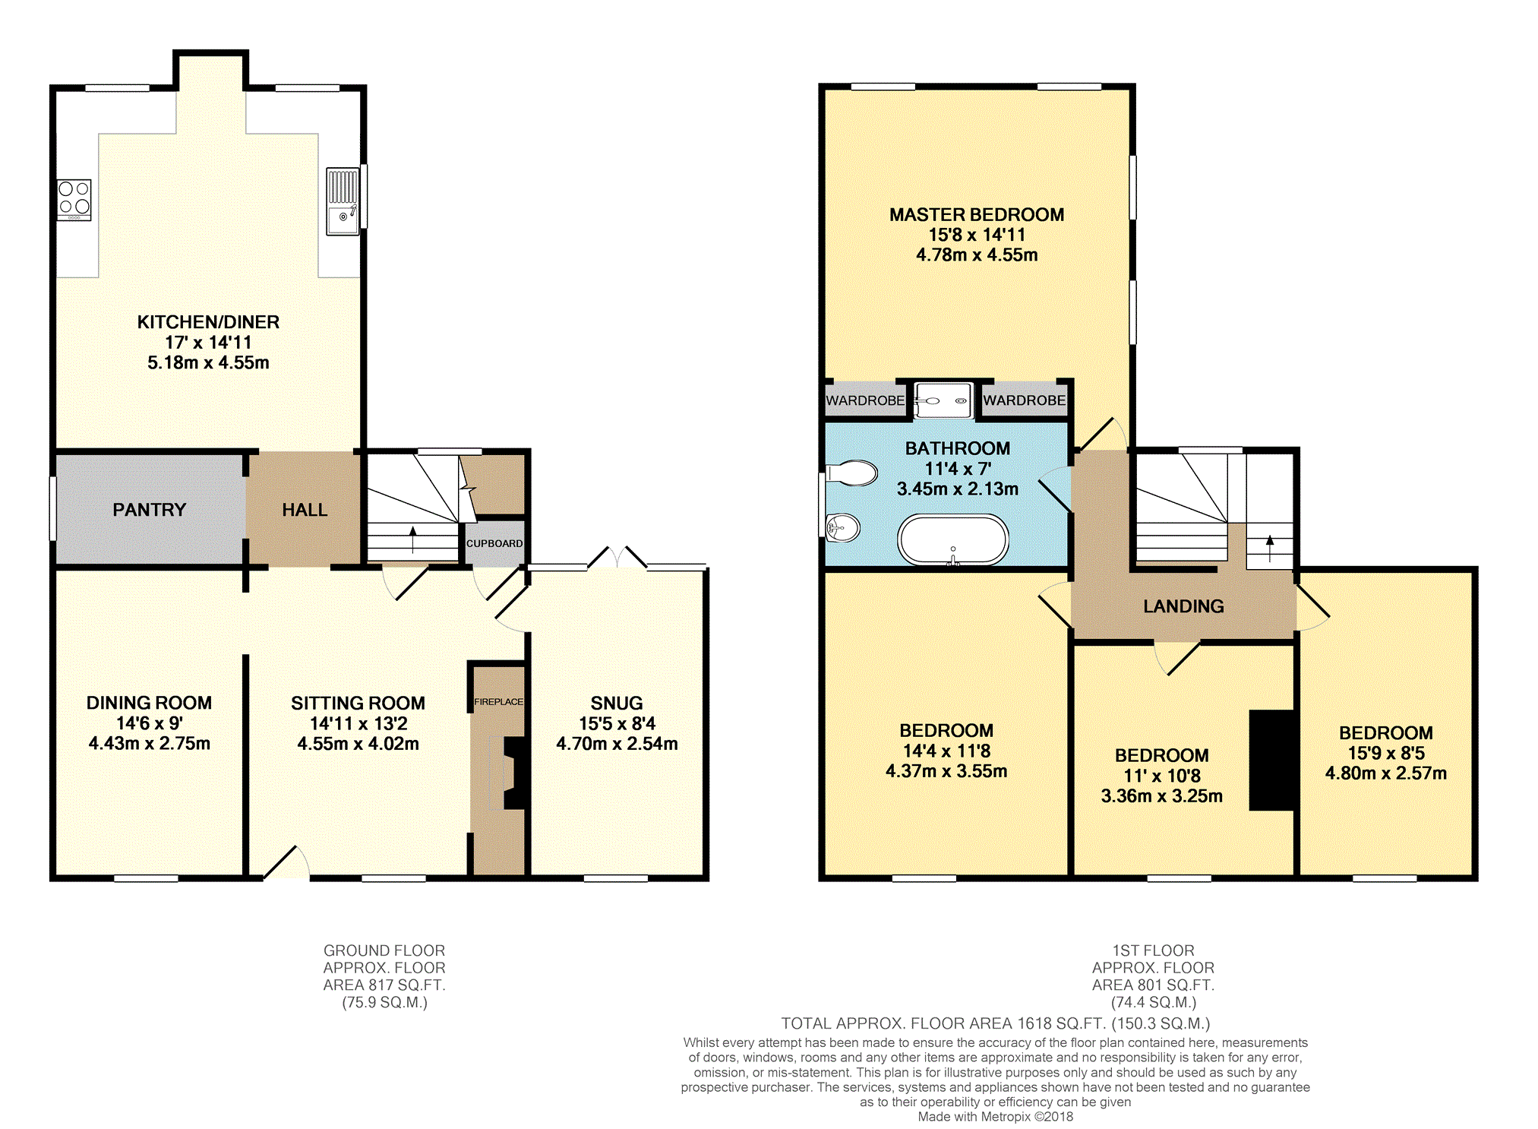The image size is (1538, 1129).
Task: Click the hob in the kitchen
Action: click(74, 200)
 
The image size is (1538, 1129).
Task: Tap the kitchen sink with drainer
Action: click(343, 201)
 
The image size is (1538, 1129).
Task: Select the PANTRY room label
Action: click(150, 510)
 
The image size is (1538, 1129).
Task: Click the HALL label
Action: click(305, 510)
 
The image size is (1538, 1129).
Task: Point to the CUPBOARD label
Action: click(494, 543)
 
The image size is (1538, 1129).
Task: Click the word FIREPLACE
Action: click(498, 701)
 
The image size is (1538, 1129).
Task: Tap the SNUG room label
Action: click(617, 703)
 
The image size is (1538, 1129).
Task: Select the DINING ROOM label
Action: click(149, 703)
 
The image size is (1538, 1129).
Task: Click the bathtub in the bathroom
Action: click(953, 540)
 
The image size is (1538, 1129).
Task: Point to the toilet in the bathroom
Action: click(852, 473)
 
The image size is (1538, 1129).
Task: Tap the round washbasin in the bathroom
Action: click(843, 527)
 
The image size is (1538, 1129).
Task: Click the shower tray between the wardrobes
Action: click(943, 400)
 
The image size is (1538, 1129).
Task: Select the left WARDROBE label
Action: click(865, 400)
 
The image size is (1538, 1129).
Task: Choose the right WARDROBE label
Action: click(1025, 400)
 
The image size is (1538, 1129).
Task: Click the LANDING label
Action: click(1183, 606)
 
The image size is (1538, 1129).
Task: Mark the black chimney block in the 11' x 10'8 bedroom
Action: click(1272, 760)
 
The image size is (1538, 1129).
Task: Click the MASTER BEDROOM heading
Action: click(977, 215)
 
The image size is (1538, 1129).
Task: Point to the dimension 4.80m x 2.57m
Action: click(1386, 773)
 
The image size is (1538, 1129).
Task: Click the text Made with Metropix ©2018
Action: click(996, 1117)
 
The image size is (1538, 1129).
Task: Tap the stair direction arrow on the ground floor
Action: click(412, 539)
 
